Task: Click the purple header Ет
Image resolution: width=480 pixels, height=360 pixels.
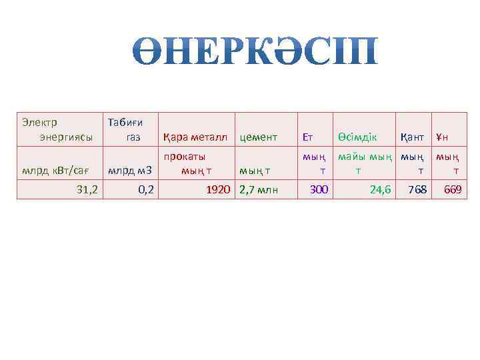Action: click(308, 137)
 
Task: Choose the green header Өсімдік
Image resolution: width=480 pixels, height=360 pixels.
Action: click(357, 137)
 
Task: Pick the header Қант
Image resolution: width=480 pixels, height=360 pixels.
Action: click(412, 137)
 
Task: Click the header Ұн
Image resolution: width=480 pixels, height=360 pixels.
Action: click(442, 137)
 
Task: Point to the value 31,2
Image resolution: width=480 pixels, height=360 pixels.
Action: click(87, 190)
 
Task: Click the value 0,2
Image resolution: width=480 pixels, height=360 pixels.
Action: click(146, 190)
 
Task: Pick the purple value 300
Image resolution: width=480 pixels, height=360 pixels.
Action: click(319, 190)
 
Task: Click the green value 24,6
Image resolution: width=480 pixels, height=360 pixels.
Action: click(380, 190)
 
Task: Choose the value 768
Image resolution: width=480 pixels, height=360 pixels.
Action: click(417, 190)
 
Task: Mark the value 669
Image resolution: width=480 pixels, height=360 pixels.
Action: click(453, 190)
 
